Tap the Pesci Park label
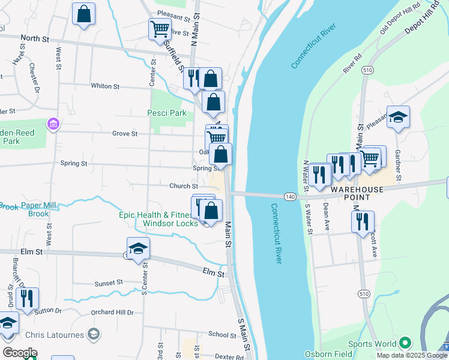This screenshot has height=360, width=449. (x=167, y=113)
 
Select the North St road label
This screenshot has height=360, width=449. (x=34, y=38)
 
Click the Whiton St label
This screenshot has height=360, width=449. (x=105, y=86)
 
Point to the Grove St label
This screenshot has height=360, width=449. (x=126, y=134)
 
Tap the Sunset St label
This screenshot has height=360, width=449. (x=109, y=282)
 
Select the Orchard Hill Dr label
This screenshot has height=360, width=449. (x=112, y=313)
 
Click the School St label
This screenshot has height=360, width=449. (x=222, y=335)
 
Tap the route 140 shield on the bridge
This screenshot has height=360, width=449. (x=290, y=196)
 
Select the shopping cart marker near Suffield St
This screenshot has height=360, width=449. (x=160, y=29)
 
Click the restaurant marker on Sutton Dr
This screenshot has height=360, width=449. (x=26, y=298)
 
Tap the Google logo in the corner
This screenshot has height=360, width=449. (x=20, y=352)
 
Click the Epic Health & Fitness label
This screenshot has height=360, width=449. (x=154, y=215)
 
